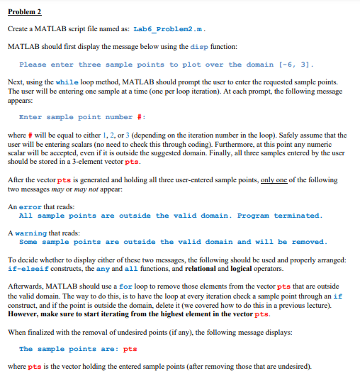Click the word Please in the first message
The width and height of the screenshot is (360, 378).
click(33, 65)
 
